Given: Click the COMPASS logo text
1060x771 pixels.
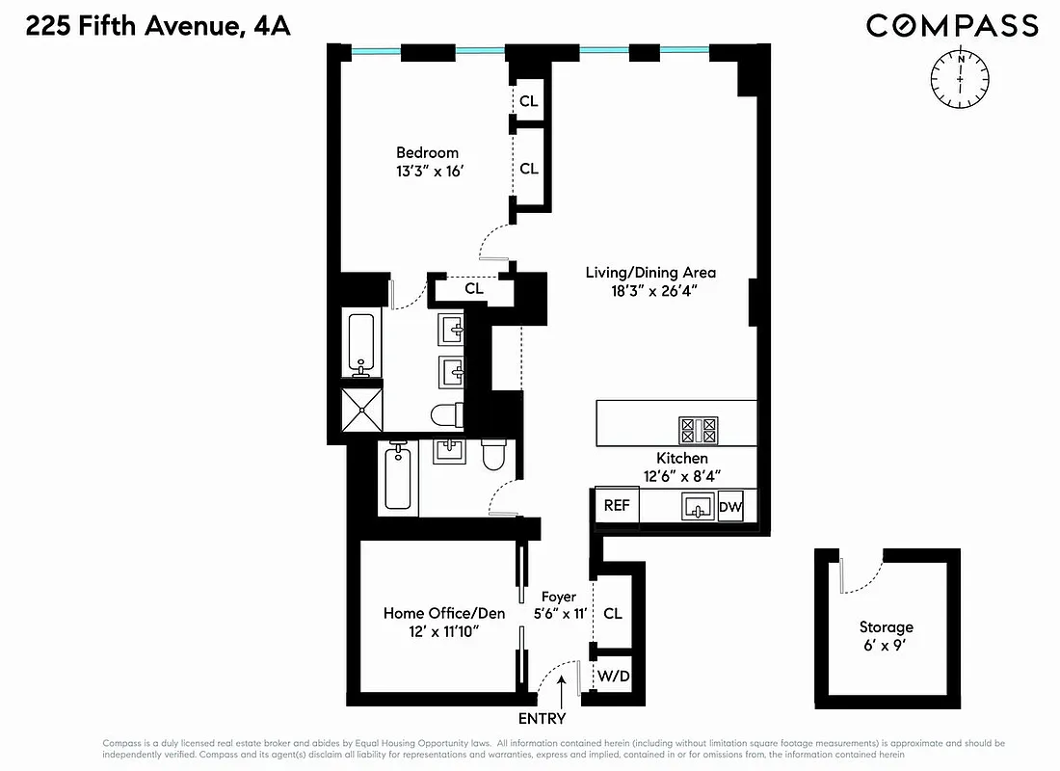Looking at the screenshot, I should (951, 26).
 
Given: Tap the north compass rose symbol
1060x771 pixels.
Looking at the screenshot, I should (961, 78).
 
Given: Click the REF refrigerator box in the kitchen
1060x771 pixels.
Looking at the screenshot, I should (617, 506).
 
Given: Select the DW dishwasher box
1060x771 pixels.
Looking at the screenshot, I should (730, 506).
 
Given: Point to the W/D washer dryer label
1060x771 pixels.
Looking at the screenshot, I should (613, 677).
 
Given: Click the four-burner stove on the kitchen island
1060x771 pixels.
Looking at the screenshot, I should (699, 429).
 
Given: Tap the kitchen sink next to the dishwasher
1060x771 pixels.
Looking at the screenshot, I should (697, 506).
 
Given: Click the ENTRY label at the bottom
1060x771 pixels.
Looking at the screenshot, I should (542, 718).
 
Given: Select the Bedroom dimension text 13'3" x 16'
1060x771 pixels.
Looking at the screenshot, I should (427, 171).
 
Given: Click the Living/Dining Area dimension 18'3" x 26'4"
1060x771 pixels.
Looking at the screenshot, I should (650, 291).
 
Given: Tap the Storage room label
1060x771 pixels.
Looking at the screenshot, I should (886, 627).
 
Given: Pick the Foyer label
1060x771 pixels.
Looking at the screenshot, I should (558, 597).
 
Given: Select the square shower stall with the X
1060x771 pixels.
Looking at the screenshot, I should (362, 410).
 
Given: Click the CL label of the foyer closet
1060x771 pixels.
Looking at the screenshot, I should (612, 613).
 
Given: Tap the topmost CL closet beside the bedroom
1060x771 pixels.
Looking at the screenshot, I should (528, 101).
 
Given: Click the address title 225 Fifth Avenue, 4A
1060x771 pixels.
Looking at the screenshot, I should (158, 26).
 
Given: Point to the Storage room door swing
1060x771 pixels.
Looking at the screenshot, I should (861, 575).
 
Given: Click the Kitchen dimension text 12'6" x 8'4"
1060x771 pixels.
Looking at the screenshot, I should (682, 475).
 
